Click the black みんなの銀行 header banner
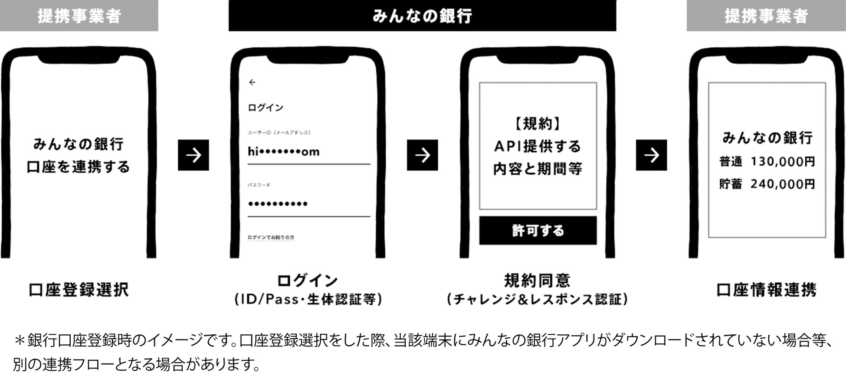tap(422, 16)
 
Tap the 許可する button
tap(538, 231)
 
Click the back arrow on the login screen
tap(252, 82)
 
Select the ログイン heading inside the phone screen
tap(266, 108)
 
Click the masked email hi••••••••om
tap(284, 152)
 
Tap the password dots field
tap(278, 204)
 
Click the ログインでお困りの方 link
tap(271, 238)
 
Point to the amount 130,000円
tap(783, 162)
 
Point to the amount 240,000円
tap(783, 184)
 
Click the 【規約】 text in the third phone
tap(538, 124)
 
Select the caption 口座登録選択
tap(79, 290)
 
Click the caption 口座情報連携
tap(766, 290)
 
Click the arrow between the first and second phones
tap(193, 155)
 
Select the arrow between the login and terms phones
tap(422, 155)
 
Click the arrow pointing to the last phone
tap(651, 155)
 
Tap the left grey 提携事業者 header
tap(79, 16)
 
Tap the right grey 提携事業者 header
tap(766, 16)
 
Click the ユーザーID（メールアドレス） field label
tap(279, 133)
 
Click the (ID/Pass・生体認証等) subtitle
tap(308, 300)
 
